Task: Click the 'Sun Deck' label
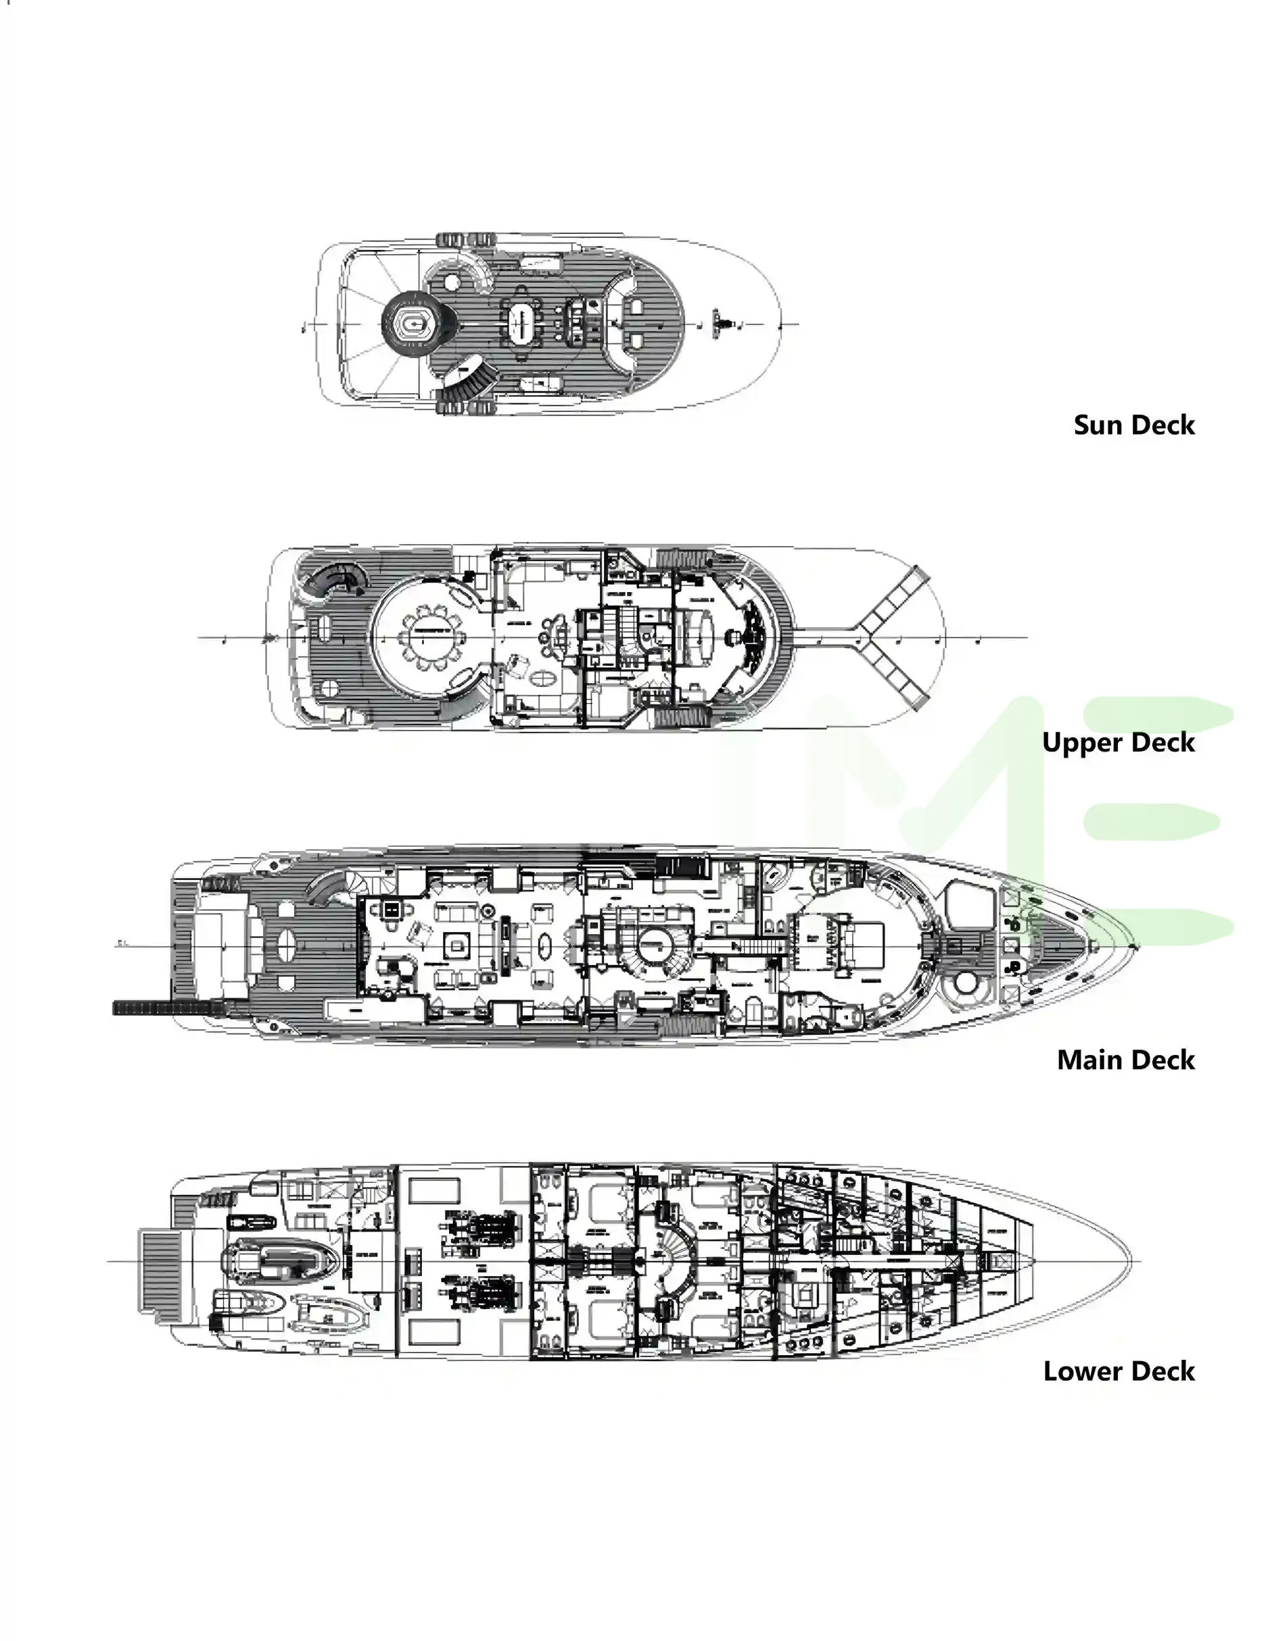pos(1133,425)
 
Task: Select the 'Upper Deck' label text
pos(1118,742)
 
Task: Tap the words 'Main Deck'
pos(1125,1060)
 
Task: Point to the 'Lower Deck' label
pos(1119,1371)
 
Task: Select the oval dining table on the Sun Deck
pos(521,324)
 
